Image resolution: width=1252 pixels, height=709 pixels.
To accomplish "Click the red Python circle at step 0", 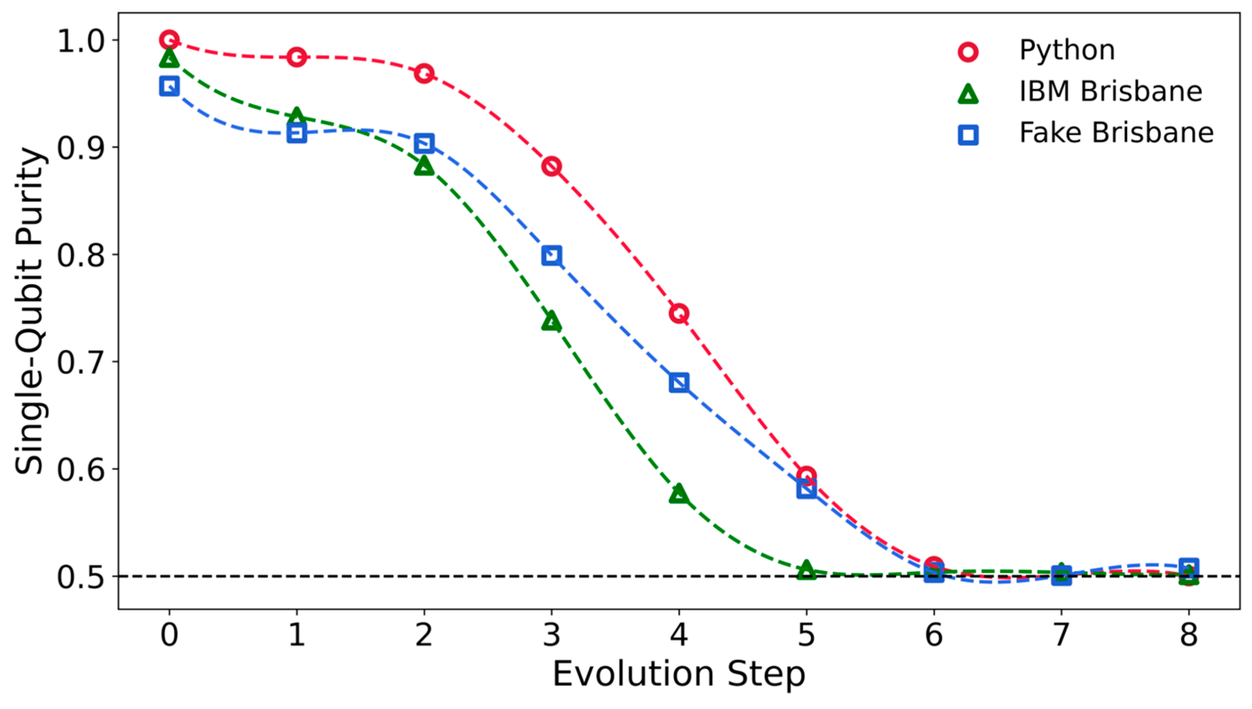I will (x=169, y=40).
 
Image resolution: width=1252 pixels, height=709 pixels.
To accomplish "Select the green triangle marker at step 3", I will (x=551, y=321).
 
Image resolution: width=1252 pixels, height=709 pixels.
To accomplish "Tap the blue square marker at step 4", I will (x=679, y=382).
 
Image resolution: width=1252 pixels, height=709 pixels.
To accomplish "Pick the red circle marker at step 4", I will (x=679, y=313).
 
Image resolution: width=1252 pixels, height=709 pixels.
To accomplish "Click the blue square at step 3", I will (x=551, y=255).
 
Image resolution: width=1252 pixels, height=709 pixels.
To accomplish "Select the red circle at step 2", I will (x=424, y=74).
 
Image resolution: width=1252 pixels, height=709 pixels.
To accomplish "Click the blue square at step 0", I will (x=169, y=87).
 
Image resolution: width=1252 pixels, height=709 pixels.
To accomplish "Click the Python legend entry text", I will (x=1067, y=51).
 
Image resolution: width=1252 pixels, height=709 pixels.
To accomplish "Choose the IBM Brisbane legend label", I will (x=1111, y=91).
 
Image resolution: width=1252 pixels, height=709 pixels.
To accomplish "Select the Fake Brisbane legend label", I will (x=1116, y=133).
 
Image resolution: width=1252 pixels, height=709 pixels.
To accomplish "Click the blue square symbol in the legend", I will (x=968, y=134).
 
